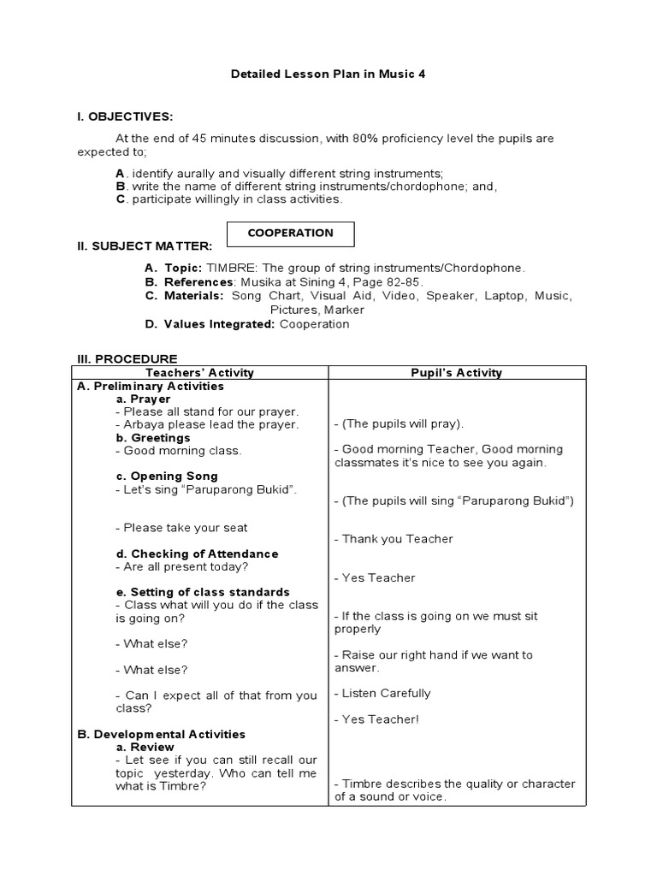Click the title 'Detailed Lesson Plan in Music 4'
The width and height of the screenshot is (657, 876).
[x=328, y=74]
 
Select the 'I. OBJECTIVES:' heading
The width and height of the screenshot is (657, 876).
[x=125, y=116]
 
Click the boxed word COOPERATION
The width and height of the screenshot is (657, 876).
[x=290, y=233]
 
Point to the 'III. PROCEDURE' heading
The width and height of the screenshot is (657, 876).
[x=127, y=358]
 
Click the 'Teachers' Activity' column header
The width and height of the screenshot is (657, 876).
[x=200, y=372]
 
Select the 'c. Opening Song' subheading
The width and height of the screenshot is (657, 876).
[x=167, y=476]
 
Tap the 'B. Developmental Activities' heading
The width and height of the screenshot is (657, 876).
[x=161, y=734]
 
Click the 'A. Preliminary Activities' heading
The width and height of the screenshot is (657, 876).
[x=151, y=386]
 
